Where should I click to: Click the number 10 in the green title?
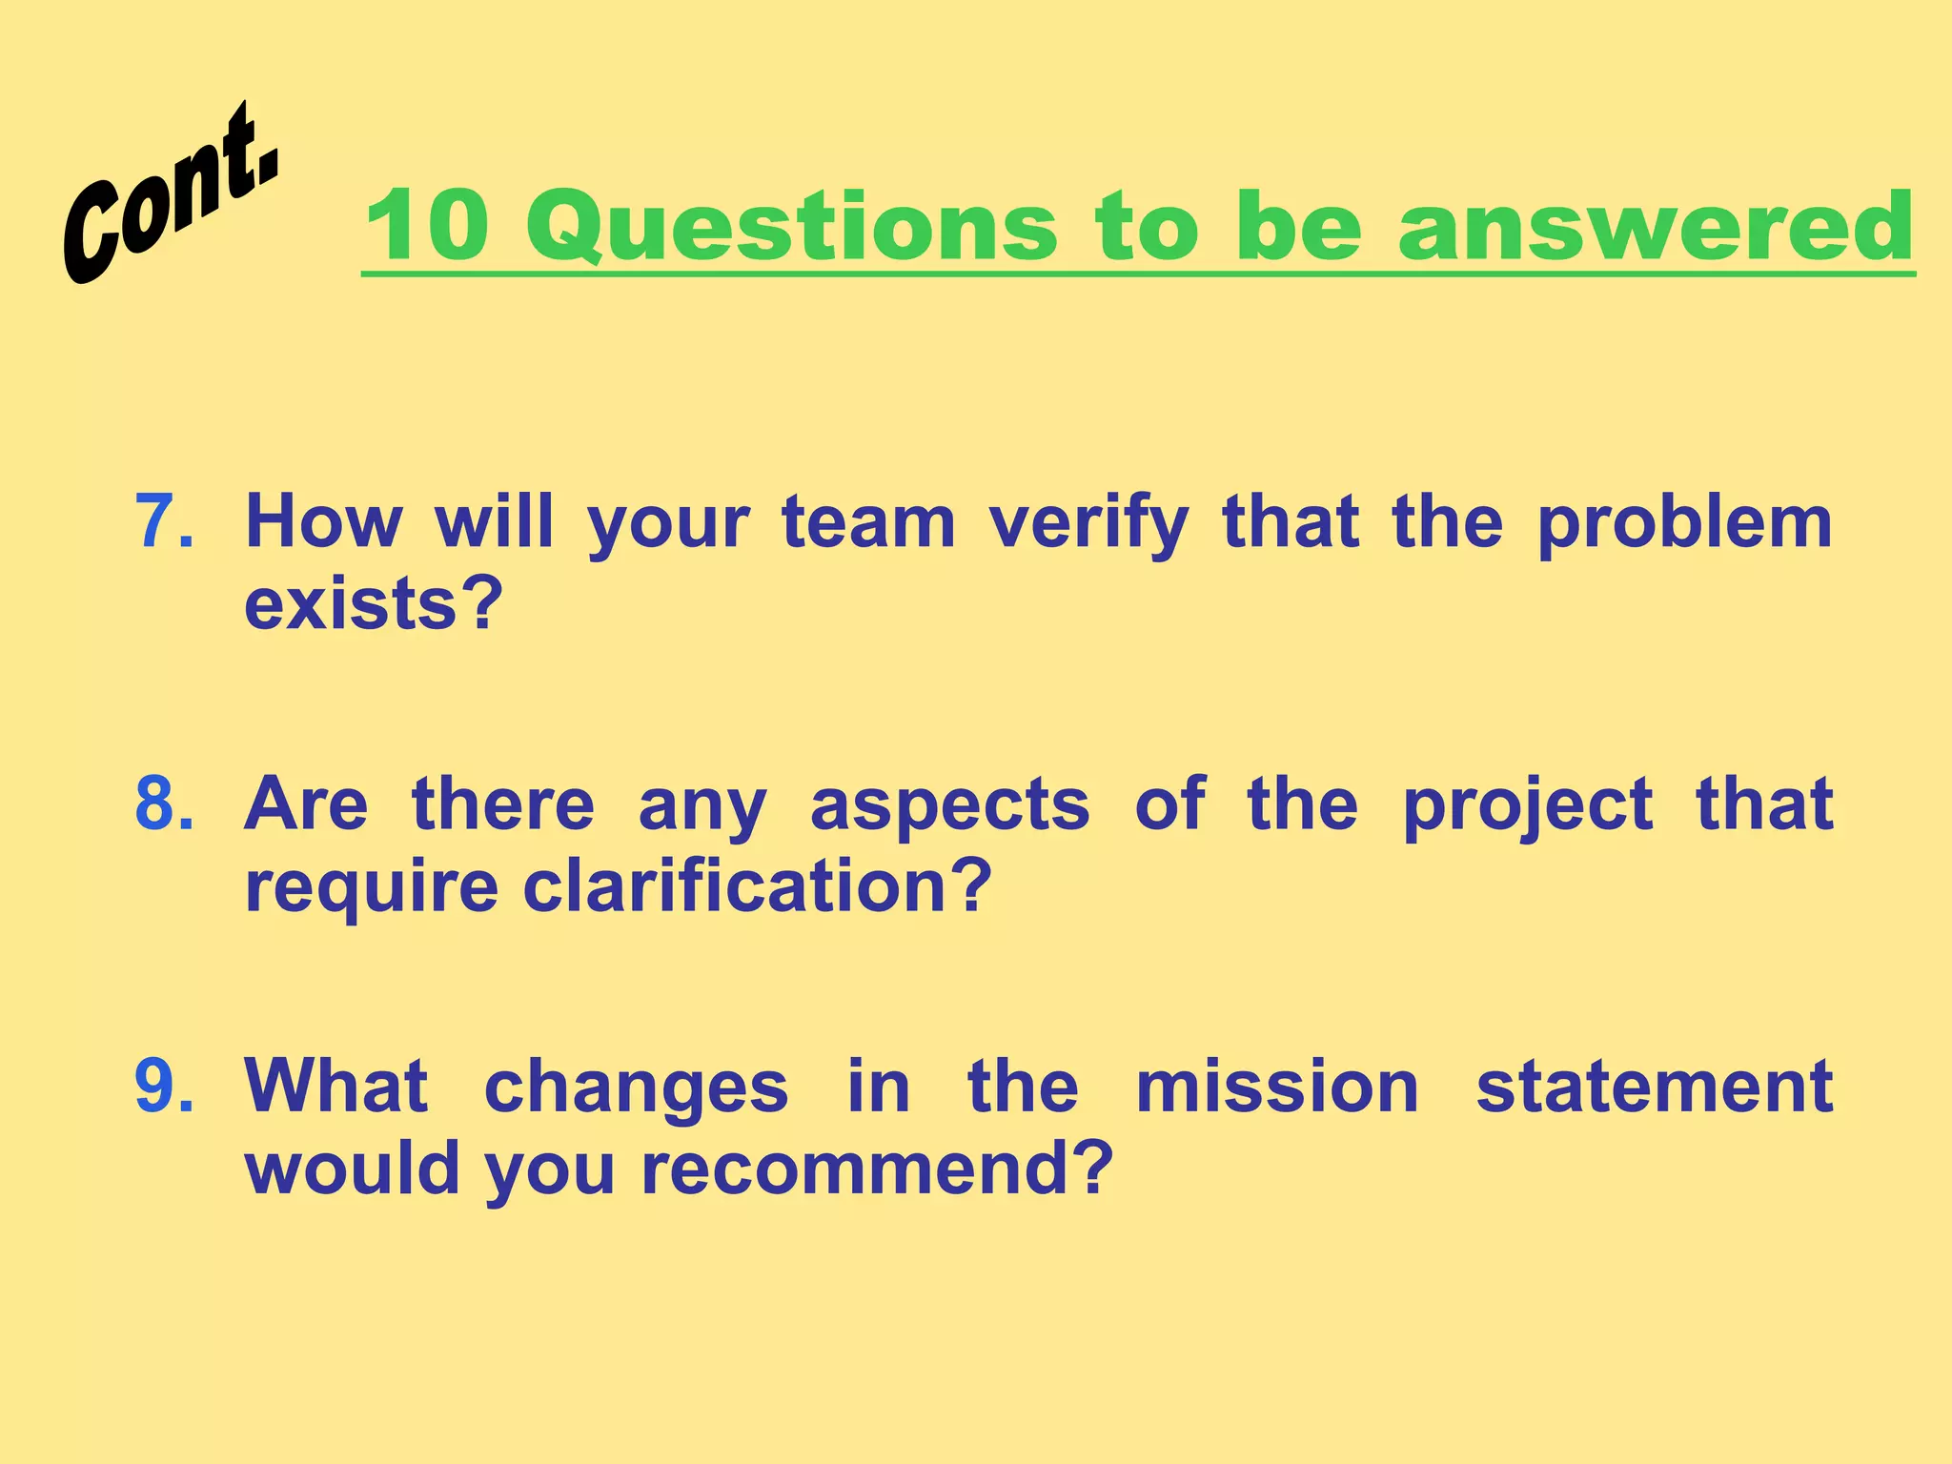[x=427, y=226]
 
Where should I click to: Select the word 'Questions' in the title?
[x=791, y=226]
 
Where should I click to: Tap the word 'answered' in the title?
[x=1656, y=226]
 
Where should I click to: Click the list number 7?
[x=164, y=522]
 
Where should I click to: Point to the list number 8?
[x=164, y=803]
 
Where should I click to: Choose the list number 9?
[x=164, y=1086]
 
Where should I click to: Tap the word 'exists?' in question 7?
[x=374, y=604]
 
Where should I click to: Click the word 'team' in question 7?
[x=868, y=522]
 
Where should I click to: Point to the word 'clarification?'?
[x=758, y=886]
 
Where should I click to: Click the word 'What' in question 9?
[x=335, y=1086]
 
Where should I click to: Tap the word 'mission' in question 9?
[x=1277, y=1086]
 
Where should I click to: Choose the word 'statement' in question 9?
[x=1654, y=1086]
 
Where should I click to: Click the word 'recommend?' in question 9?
[x=877, y=1169]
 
